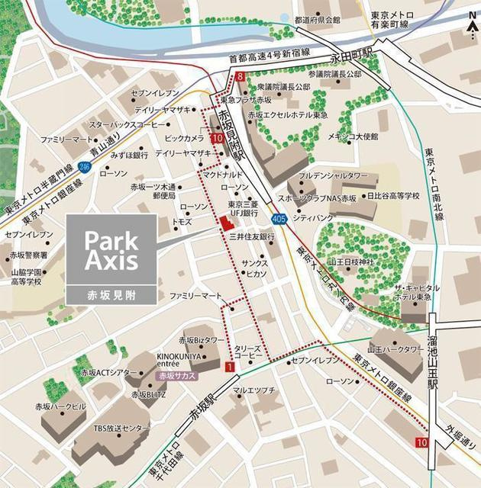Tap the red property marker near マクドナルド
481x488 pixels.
224,222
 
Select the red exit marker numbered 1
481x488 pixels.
229,368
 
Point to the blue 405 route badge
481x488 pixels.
279,220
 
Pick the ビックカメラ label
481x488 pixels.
184,138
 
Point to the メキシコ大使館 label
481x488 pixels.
353,136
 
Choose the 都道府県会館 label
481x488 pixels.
317,20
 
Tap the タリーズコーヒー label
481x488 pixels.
249,352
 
